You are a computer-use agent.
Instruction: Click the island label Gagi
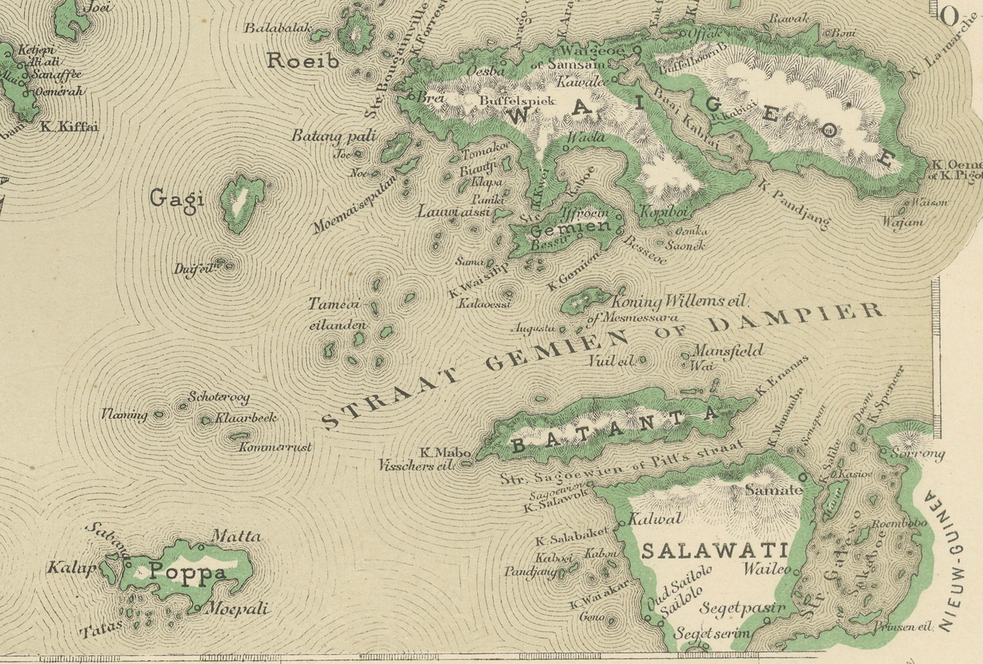(177, 198)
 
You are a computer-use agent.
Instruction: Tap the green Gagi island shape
(241, 205)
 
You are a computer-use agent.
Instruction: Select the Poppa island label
(188, 573)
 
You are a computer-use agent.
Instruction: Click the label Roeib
(303, 62)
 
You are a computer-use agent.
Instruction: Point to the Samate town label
(773, 490)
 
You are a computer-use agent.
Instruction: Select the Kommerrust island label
(275, 447)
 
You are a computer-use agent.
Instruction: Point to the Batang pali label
(333, 136)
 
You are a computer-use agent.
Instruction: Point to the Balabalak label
(279, 28)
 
